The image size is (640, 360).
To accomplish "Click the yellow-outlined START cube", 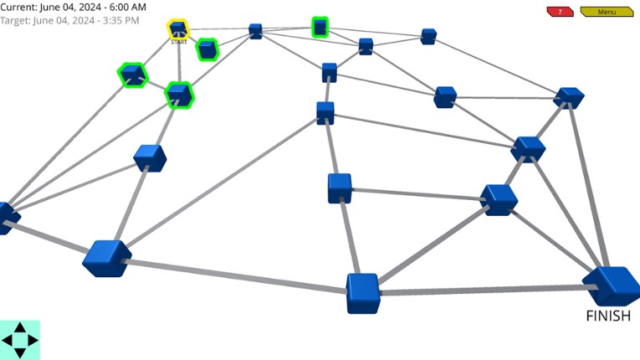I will [x=178, y=30].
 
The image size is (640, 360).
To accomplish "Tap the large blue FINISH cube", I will [x=612, y=285].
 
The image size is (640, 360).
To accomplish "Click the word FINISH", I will [x=608, y=316].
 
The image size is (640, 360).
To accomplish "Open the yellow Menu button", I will [x=606, y=12].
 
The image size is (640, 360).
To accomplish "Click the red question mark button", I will [x=559, y=12].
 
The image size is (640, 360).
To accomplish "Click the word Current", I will [x=18, y=7].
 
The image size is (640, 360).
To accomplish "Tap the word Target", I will [x=16, y=19].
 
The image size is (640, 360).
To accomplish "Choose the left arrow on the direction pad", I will [x=8, y=341].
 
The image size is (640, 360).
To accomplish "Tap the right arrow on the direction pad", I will [x=33, y=341].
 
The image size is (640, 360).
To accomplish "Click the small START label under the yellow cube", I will [x=179, y=42].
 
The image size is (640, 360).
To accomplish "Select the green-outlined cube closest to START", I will [x=207, y=50].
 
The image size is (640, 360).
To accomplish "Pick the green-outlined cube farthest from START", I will [x=320, y=28].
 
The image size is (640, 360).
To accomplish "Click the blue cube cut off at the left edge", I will [x=7, y=217].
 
